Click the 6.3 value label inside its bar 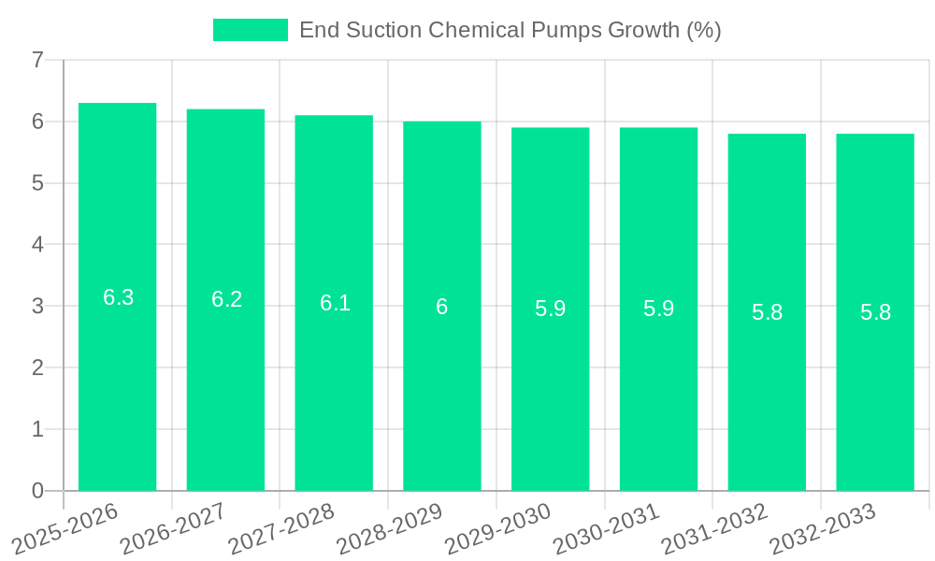point(118,297)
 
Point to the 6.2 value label point(226,299)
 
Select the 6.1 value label point(335,303)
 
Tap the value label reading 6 point(442,307)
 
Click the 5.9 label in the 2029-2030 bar point(550,309)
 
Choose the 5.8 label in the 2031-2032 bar point(767,312)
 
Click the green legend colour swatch point(250,30)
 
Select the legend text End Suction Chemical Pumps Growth point(510,30)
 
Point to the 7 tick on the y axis point(37,60)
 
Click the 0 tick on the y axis point(37,491)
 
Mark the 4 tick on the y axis point(37,245)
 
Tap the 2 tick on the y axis point(37,367)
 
